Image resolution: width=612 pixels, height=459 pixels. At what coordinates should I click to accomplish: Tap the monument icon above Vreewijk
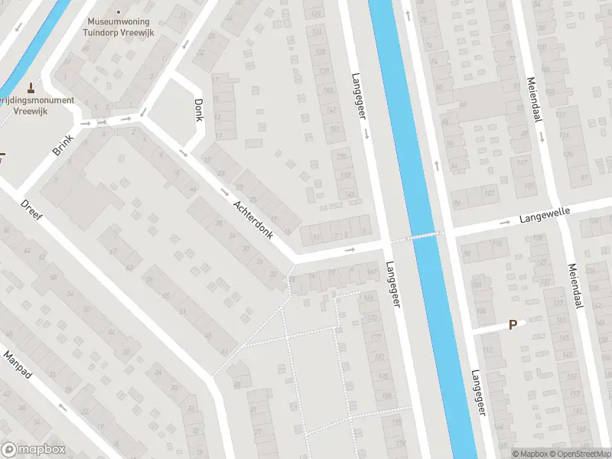[x=31, y=86]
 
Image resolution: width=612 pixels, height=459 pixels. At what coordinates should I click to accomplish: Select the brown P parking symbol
[x=513, y=324]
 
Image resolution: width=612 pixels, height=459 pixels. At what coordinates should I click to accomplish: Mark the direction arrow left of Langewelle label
[x=504, y=223]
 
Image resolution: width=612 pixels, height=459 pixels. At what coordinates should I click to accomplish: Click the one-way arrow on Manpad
[x=63, y=408]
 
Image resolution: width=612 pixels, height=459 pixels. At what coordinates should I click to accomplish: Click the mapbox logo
[x=33, y=450]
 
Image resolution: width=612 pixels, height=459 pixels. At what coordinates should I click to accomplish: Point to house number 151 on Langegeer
[x=334, y=129]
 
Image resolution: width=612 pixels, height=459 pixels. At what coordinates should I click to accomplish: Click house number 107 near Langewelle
[x=489, y=193]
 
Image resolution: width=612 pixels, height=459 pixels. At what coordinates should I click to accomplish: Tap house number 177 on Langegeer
[x=375, y=337]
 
